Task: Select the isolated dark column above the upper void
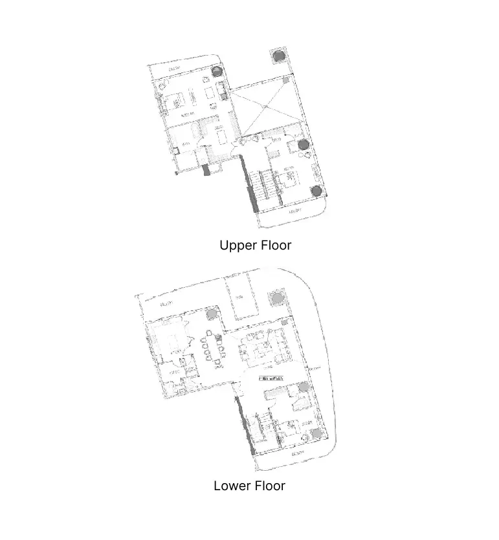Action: pyautogui.click(x=278, y=56)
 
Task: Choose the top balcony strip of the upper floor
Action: pyautogui.click(x=181, y=69)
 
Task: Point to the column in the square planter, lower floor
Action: pyautogui.click(x=277, y=298)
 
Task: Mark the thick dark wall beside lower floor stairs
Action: pyautogui.click(x=244, y=427)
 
